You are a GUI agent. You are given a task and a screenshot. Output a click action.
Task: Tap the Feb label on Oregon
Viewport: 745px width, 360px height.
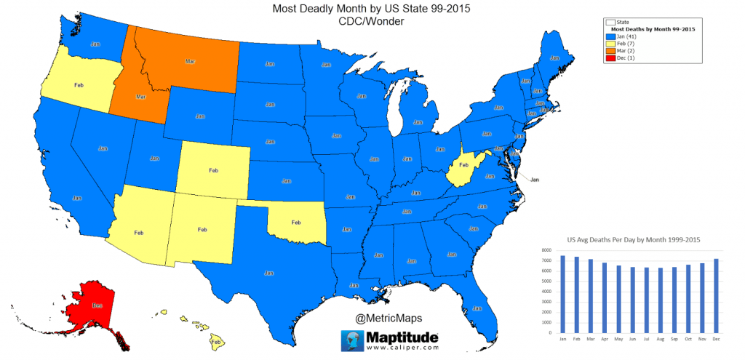click(79, 85)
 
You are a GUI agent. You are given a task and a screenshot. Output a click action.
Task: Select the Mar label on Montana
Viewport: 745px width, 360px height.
click(190, 61)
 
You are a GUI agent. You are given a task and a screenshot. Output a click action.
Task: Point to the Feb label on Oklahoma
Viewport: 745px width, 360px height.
click(296, 222)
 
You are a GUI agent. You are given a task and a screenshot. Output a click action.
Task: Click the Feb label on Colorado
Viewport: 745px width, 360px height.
click(213, 170)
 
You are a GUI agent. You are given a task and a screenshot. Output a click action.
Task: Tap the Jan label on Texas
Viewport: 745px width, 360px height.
click(269, 273)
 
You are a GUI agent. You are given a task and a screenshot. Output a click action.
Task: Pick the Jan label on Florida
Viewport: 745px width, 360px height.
click(477, 308)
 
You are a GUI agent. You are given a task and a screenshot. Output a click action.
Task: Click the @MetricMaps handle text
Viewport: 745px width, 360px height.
click(389, 318)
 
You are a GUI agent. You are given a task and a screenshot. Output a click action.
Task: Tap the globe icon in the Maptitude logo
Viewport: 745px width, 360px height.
click(353, 340)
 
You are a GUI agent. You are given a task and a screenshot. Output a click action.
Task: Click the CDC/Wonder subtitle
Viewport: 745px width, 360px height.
click(371, 22)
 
